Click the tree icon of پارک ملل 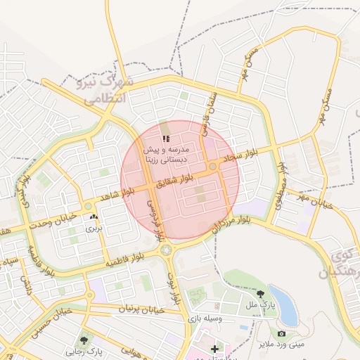click(x=262, y=294)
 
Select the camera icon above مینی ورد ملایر click(x=281, y=333)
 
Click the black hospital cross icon click(x=214, y=349)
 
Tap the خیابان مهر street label click(x=313, y=199)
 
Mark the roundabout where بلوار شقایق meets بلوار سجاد click(x=212, y=167)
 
